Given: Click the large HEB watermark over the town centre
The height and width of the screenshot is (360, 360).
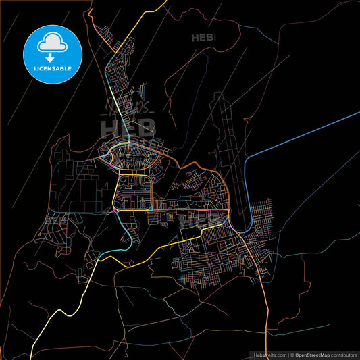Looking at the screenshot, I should point(128,127).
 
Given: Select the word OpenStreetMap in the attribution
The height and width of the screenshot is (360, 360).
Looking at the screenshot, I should point(314,354).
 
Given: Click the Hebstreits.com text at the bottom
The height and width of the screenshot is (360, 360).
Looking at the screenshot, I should point(269,354).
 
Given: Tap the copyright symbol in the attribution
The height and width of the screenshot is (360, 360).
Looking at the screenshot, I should point(292,354).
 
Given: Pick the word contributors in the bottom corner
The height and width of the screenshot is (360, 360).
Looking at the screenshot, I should point(344,354).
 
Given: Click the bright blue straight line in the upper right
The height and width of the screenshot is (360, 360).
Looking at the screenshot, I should point(304,134).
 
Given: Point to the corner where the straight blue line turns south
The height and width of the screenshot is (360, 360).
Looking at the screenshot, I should point(248,159).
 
